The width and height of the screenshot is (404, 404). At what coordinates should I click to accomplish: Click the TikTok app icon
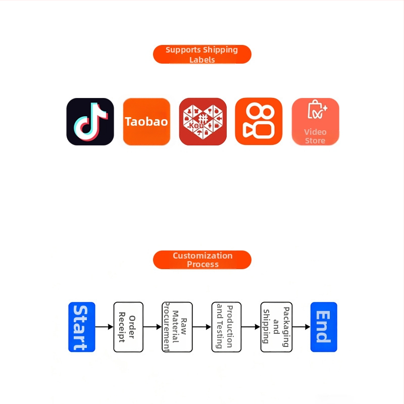pyautogui.click(x=90, y=122)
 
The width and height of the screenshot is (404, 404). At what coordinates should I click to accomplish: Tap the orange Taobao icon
pyautogui.click(x=146, y=122)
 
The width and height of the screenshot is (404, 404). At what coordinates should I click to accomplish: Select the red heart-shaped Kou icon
pyautogui.click(x=203, y=122)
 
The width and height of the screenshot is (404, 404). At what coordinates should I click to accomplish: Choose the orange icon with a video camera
pyautogui.click(x=259, y=122)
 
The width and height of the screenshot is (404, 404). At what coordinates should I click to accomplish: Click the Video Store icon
pyautogui.click(x=315, y=122)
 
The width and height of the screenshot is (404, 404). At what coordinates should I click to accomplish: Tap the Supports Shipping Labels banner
pyautogui.click(x=202, y=55)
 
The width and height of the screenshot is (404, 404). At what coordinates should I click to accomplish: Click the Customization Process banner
pyautogui.click(x=202, y=260)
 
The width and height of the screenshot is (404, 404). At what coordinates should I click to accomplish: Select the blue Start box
pyautogui.click(x=81, y=327)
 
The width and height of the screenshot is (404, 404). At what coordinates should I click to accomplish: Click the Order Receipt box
pyautogui.click(x=128, y=327)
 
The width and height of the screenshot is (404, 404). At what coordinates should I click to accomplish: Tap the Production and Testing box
pyautogui.click(x=226, y=327)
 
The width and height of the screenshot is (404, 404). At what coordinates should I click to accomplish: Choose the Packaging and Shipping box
pyautogui.click(x=276, y=327)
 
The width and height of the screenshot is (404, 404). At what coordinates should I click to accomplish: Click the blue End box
pyautogui.click(x=323, y=327)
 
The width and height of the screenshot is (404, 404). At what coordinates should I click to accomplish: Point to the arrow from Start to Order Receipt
pyautogui.click(x=105, y=327)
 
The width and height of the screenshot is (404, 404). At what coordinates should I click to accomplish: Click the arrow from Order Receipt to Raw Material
pyautogui.click(x=153, y=327)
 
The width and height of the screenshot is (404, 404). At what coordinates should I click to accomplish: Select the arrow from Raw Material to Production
pyautogui.click(x=202, y=327)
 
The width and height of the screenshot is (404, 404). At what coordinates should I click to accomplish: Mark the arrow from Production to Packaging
pyautogui.click(x=251, y=327)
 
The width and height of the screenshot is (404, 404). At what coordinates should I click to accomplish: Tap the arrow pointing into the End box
pyautogui.click(x=301, y=327)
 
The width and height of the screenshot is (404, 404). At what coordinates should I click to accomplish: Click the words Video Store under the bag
pyautogui.click(x=315, y=136)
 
